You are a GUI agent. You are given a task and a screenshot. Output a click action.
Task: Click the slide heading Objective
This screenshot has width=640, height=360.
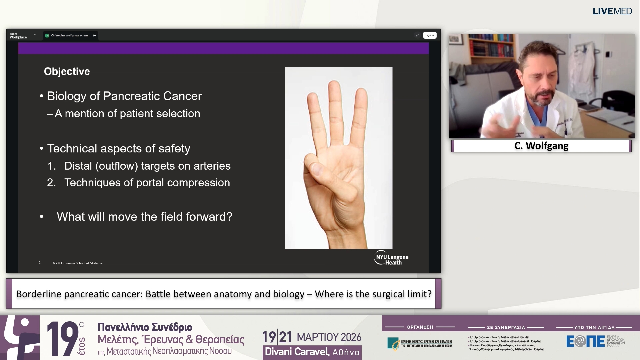tap(67, 71)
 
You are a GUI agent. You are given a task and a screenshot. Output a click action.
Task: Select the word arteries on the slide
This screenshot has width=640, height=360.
tap(212, 166)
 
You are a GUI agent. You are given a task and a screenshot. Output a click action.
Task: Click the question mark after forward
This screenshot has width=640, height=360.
tap(229, 217)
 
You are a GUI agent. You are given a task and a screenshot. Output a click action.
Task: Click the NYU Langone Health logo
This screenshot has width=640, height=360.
tap(391, 258)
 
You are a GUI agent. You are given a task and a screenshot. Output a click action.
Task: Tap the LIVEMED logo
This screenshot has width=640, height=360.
tap(612, 11)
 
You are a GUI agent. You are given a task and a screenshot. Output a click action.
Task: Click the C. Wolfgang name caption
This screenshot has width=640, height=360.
tap(541, 146)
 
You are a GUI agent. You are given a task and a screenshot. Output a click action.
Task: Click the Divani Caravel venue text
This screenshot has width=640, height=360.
tap(297, 352)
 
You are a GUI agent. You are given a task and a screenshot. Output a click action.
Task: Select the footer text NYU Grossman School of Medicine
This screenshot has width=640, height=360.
tap(78, 263)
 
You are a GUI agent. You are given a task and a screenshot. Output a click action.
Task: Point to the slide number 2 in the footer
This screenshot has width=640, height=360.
tap(39, 263)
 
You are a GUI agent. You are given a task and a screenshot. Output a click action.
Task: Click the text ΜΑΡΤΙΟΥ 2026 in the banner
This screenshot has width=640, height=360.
tap(329, 337)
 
